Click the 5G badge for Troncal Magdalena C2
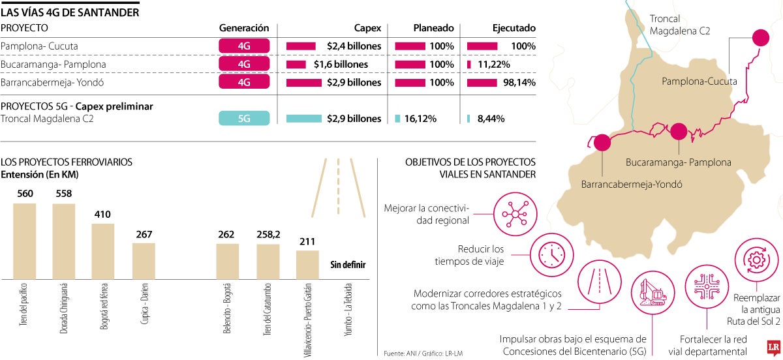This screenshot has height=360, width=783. (244, 118)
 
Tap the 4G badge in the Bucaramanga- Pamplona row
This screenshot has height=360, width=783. (244, 65)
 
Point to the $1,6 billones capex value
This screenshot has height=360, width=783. (341, 65)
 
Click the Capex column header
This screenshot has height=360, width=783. (367, 28)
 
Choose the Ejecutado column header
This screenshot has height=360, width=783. (514, 28)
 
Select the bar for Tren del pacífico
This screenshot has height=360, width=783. (25, 241)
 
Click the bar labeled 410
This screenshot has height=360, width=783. (102, 252)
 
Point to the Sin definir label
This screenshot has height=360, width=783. (348, 264)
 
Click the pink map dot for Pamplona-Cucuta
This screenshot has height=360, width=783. (760, 38)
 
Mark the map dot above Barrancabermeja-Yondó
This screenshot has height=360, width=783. (601, 142)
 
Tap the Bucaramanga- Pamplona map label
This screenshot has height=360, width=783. (678, 162)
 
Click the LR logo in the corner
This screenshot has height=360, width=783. (771, 348)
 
